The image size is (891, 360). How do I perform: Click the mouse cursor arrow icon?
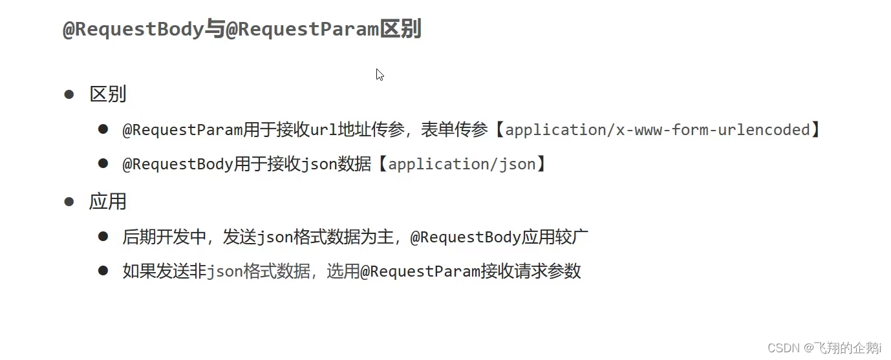[x=380, y=74]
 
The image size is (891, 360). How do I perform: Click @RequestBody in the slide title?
[x=134, y=30]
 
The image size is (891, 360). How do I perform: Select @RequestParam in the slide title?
[x=302, y=30]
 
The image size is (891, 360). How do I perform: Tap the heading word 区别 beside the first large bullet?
[x=107, y=94]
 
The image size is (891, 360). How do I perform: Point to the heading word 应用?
[x=107, y=202]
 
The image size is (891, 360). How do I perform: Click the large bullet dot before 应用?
[x=69, y=202]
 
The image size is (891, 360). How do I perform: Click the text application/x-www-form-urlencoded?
[x=657, y=130]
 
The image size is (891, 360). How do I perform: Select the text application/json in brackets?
[x=462, y=164]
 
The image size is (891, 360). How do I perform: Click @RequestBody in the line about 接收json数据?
[x=178, y=164]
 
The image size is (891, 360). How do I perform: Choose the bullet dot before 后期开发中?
[x=103, y=237]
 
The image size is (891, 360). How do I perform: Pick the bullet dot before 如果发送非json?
[x=103, y=271]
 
